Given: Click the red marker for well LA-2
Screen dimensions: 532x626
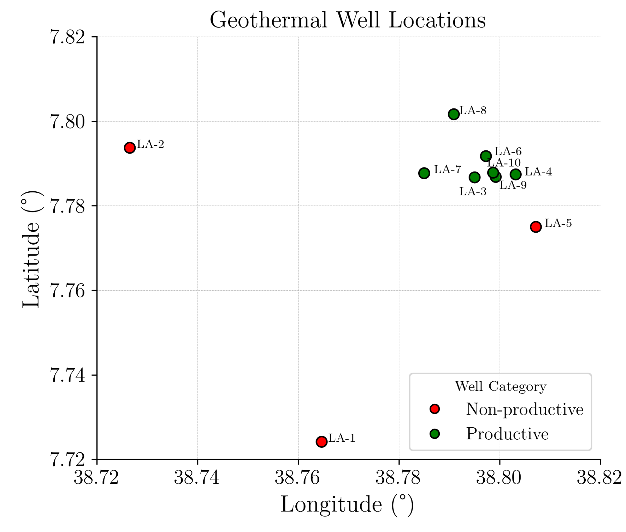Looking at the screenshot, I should click(130, 148).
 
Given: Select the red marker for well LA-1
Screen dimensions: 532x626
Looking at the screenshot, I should click(322, 441).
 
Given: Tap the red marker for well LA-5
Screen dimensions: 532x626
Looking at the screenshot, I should click(536, 227).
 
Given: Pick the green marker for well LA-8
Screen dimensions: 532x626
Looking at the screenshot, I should click(454, 114).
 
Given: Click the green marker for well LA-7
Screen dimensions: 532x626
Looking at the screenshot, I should click(424, 173).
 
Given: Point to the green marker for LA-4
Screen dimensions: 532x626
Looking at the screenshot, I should click(516, 174).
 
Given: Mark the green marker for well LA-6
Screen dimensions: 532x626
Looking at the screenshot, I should click(486, 156).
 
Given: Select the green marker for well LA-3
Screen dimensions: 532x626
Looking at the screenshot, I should click(475, 177).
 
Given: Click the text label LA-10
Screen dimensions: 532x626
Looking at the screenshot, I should click(504, 163).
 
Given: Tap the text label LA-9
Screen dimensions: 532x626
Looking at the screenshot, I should click(513, 185).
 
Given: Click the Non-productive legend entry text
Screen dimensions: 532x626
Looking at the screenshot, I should click(525, 409).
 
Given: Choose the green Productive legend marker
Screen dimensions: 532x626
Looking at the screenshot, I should click(435, 434).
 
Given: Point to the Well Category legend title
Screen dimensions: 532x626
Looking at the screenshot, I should click(500, 386).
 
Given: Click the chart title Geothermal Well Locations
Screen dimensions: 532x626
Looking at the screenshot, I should click(348, 20).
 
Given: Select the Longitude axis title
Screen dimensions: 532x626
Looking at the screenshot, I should click(347, 504).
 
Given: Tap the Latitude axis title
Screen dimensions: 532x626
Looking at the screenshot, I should click(31, 249).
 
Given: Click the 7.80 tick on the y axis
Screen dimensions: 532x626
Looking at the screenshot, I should click(67, 122).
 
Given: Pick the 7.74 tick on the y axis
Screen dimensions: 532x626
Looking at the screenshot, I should click(67, 375).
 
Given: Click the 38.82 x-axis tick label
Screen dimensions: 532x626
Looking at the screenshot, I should click(599, 478).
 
